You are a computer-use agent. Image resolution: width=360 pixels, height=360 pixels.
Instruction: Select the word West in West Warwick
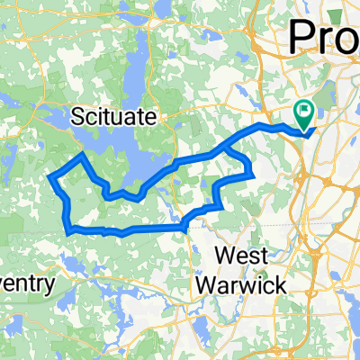pos(243,256)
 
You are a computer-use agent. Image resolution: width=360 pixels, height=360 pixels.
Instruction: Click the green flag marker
pos(304,112)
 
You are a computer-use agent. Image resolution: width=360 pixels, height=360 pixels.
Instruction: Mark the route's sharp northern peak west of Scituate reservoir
pos(83,155)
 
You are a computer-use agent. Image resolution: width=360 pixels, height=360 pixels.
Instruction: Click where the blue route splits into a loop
pos(241,133)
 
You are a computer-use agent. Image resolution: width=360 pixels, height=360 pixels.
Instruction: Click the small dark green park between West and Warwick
pos(259,270)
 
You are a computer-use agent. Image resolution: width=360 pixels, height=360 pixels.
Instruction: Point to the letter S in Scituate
pos(78,117)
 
